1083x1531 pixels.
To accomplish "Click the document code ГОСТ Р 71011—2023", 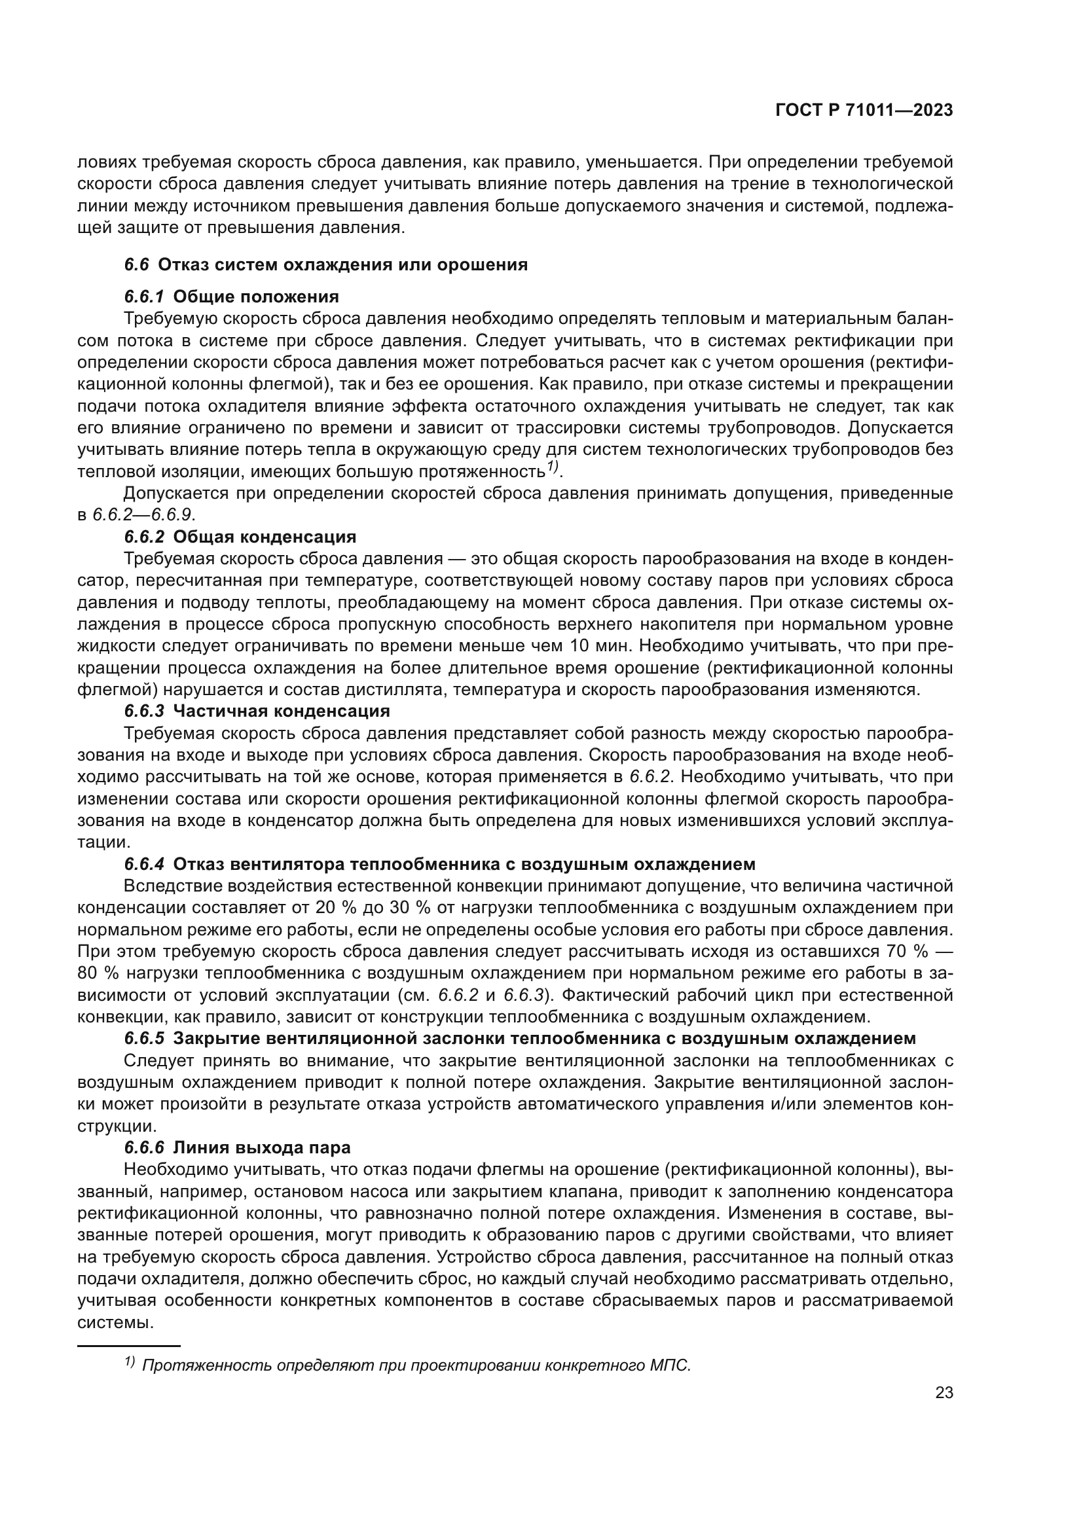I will [x=864, y=111].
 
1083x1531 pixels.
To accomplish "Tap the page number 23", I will [x=944, y=1393].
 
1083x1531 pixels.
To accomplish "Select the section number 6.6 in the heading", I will [x=137, y=264].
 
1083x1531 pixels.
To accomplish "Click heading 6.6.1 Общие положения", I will [x=231, y=296].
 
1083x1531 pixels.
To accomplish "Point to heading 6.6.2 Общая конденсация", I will [x=240, y=537].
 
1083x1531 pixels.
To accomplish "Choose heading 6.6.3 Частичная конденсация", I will [x=257, y=711].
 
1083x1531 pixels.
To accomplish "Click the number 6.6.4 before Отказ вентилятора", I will [x=143, y=864].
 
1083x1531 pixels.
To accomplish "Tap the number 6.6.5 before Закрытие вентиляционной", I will [x=143, y=1038].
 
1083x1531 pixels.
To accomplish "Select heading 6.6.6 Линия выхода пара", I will [x=237, y=1147].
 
